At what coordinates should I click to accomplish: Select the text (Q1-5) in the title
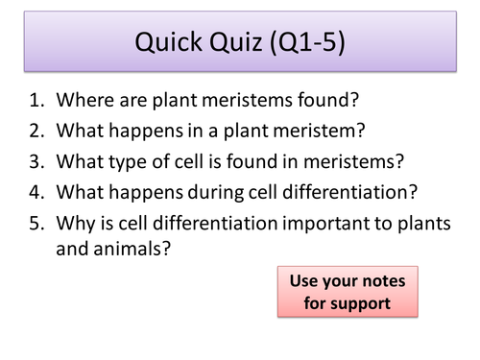click(x=307, y=44)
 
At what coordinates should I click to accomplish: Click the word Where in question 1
click(x=86, y=99)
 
